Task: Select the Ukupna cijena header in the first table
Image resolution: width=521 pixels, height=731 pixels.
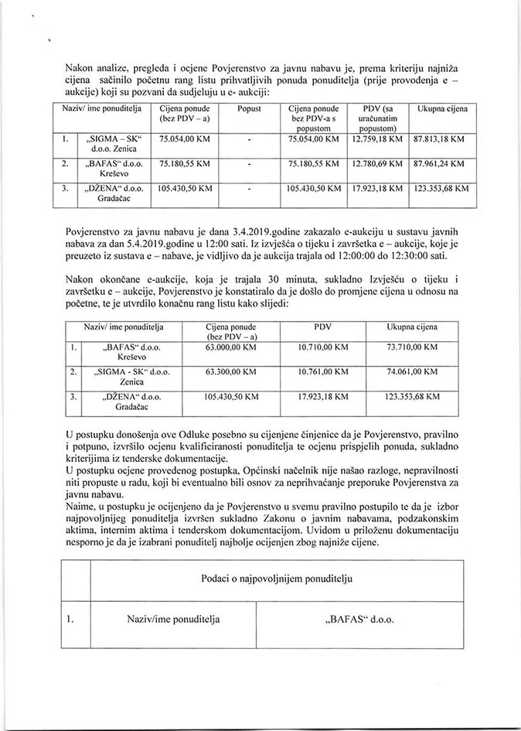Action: (442, 110)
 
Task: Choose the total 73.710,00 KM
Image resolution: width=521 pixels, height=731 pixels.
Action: (415, 349)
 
